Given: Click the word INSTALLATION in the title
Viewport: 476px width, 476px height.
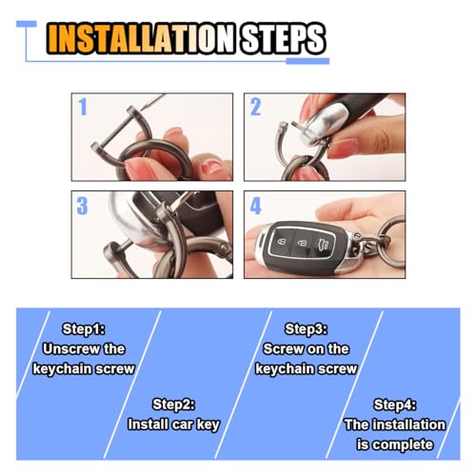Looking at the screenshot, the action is point(141,38).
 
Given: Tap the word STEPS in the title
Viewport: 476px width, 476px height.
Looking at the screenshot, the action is point(283,38).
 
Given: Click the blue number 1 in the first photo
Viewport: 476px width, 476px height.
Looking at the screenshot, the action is point(83,107).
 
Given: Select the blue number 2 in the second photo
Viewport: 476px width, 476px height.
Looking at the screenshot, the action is point(255,107).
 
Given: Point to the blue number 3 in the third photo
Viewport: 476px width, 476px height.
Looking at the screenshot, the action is point(82,206).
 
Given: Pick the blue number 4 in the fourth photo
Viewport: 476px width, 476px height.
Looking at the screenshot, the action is point(255,206).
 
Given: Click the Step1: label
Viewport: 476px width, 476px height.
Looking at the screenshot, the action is point(84,329).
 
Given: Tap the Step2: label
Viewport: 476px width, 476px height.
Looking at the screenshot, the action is point(173,405).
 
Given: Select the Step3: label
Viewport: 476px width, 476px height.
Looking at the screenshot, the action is point(307,329).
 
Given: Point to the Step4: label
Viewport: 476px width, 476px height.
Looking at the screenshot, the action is point(395,405).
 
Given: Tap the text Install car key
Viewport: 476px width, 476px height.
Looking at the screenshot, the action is point(173,425).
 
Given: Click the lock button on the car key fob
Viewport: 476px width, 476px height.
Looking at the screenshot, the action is point(282,242).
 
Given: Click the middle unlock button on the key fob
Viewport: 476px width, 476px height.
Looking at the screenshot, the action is point(302,244).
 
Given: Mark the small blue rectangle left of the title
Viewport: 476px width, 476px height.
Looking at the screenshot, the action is point(27,24).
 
